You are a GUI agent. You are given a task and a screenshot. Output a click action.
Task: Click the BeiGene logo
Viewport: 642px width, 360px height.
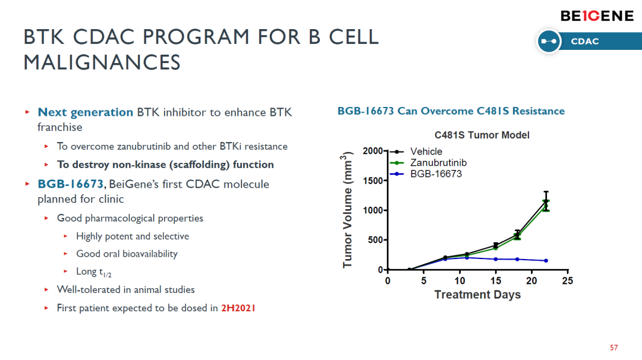(597, 16)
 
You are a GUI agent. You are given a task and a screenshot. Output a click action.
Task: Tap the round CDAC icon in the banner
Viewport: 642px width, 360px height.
(549, 42)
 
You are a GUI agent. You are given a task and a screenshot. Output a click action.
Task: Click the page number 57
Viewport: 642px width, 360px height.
(613, 348)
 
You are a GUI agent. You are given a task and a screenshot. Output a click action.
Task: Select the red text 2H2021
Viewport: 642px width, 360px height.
(238, 308)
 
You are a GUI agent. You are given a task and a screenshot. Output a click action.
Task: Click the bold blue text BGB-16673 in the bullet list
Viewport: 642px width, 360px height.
(70, 184)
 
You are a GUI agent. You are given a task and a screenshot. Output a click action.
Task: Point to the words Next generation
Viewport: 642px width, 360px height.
(85, 112)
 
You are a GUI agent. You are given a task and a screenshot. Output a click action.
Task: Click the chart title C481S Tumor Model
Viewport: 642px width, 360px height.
(482, 135)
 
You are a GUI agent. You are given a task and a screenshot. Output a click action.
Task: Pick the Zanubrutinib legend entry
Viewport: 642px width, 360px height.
(428, 163)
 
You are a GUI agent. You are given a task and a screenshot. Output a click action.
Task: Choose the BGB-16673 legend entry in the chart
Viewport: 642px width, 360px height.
(426, 174)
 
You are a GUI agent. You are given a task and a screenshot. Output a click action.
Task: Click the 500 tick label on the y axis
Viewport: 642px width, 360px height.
(375, 240)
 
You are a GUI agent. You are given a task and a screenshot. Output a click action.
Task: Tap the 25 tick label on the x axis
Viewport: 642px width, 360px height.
(568, 280)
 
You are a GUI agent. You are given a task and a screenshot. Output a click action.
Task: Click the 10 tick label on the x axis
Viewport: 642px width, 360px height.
(460, 280)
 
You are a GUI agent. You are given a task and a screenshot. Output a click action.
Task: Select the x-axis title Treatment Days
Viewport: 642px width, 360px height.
(477, 295)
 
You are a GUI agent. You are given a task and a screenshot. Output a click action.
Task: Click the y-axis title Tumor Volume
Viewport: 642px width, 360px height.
(347, 210)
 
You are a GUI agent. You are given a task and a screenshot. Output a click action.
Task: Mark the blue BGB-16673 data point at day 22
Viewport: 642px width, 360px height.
(546, 261)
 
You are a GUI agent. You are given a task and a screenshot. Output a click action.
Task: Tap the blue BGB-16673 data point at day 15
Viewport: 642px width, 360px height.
(496, 260)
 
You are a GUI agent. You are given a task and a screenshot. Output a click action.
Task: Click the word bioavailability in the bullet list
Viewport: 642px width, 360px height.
(150, 254)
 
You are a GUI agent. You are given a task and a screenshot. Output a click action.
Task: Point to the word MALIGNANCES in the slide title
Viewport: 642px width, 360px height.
(102, 62)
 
